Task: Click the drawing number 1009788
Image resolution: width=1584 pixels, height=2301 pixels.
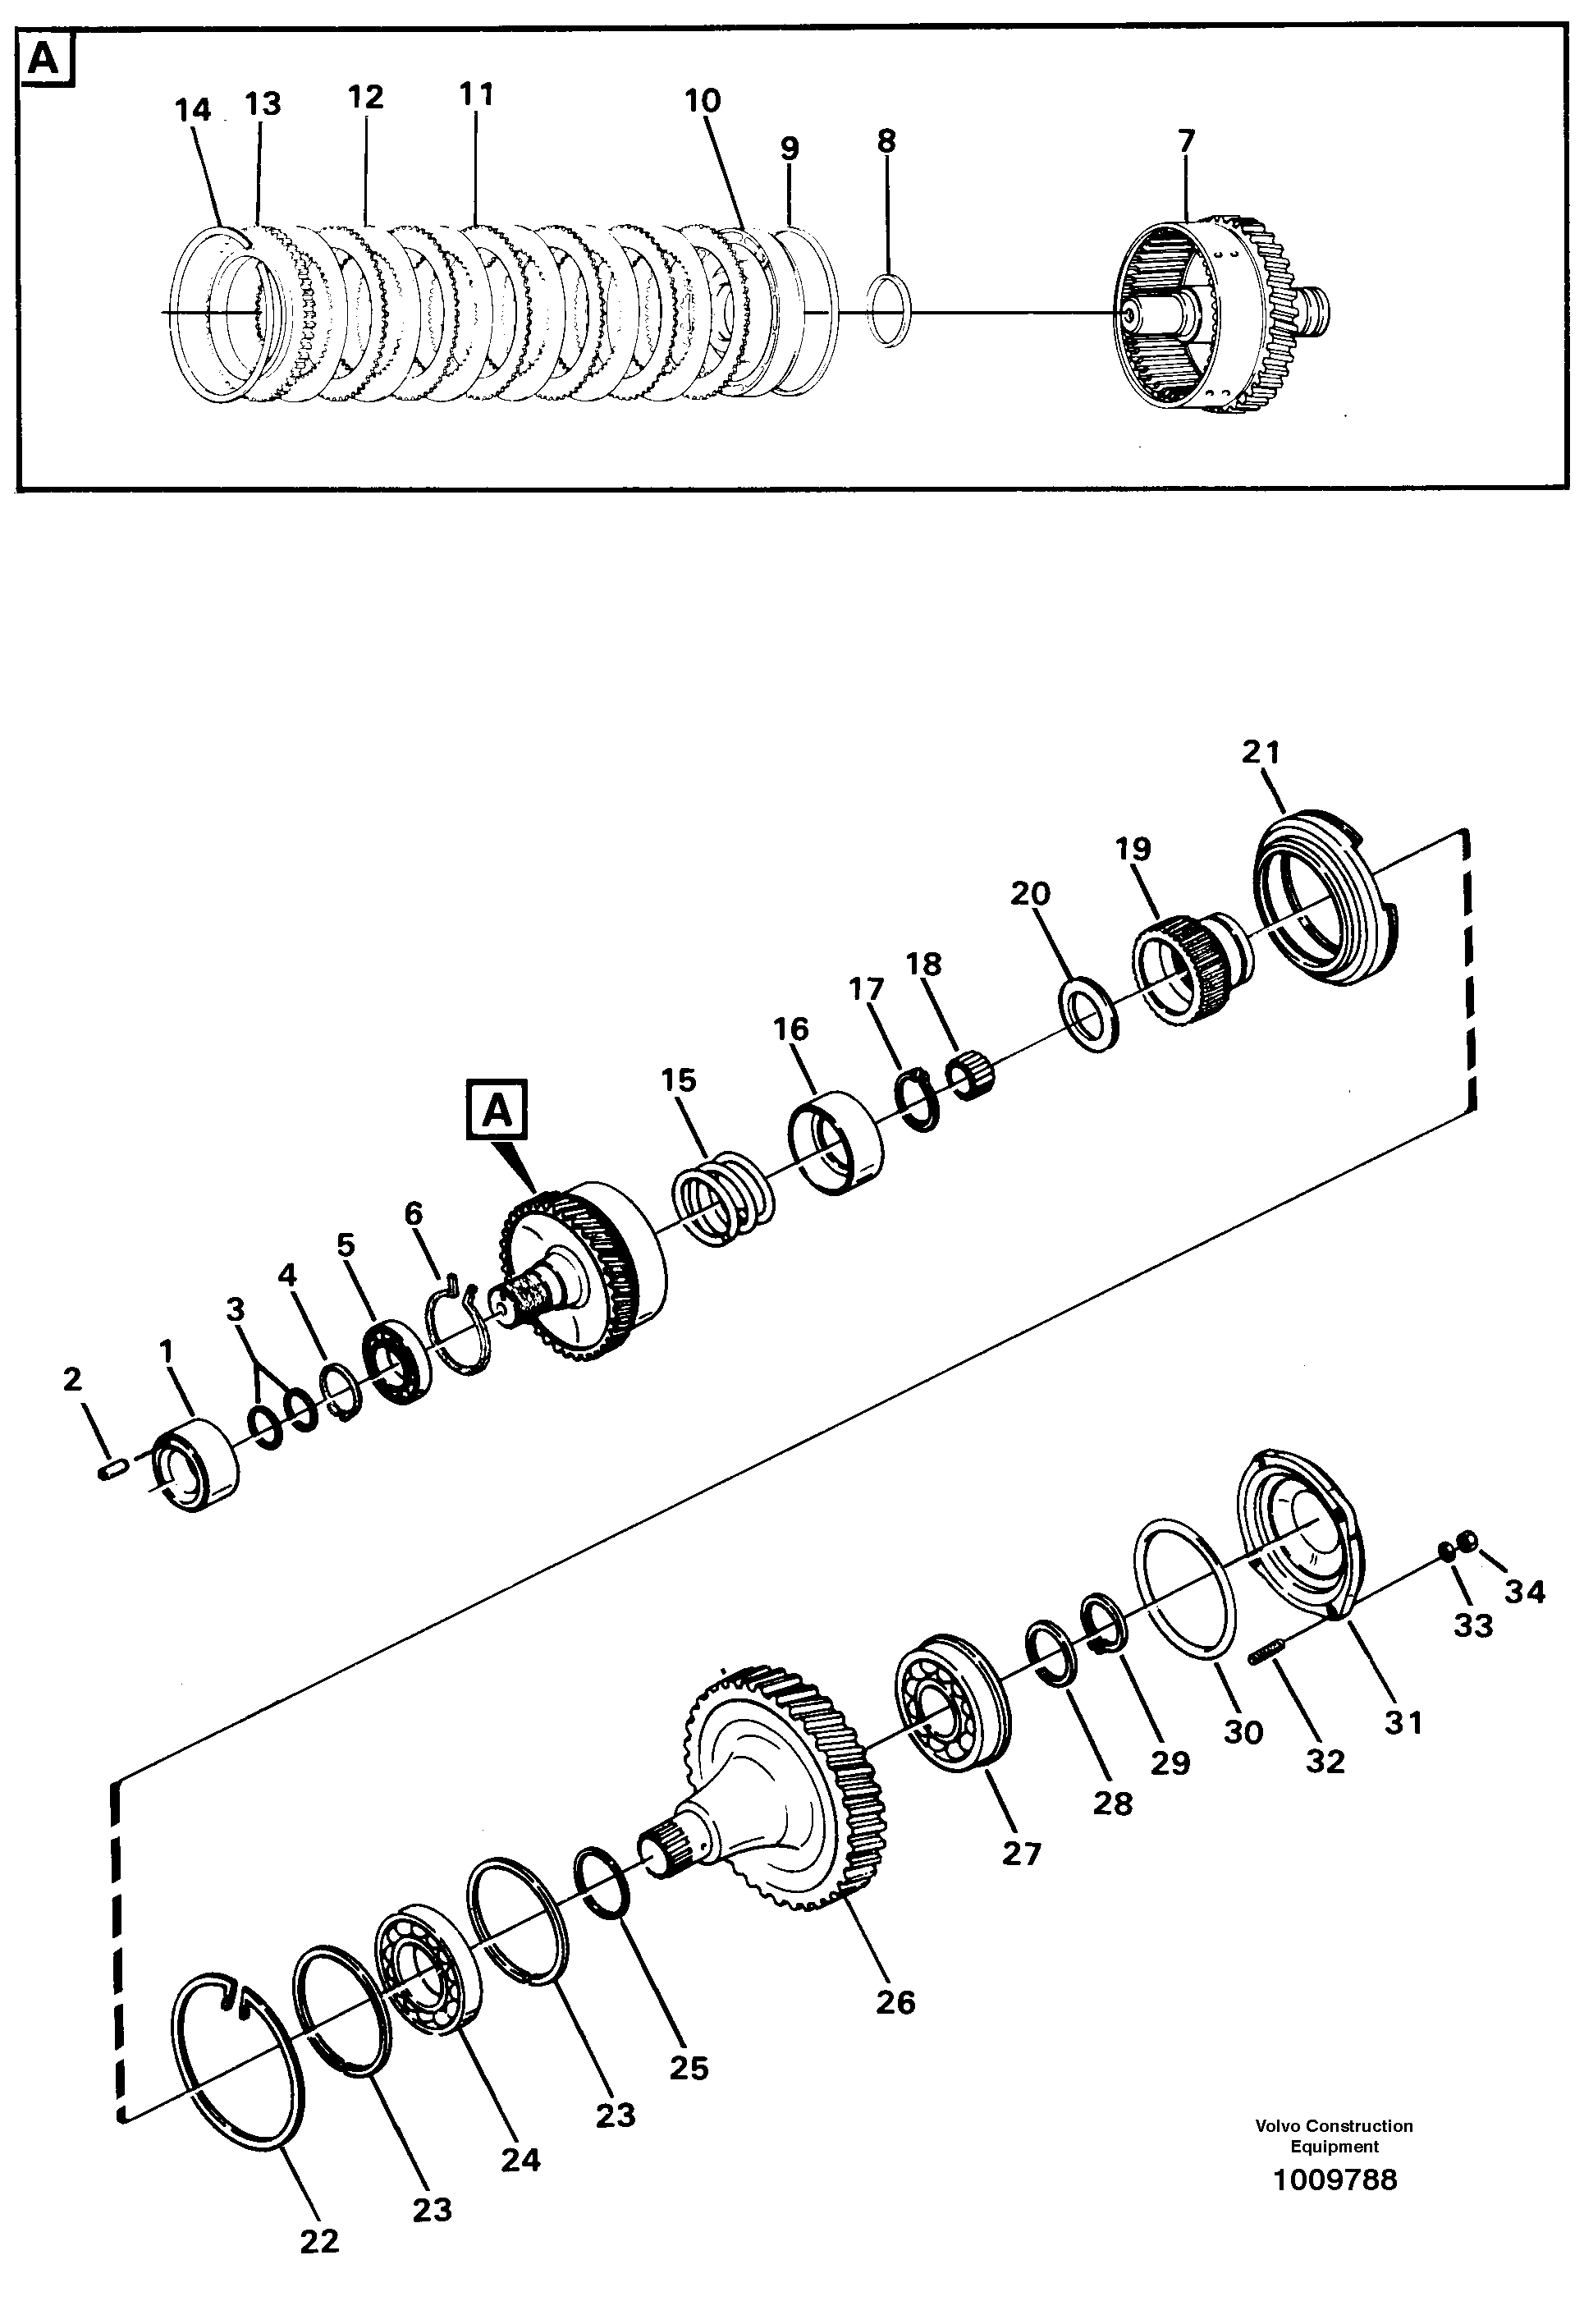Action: [1334, 2179]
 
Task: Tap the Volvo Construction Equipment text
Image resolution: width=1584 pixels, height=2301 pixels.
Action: [1334, 2135]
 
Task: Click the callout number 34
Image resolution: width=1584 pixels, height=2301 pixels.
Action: [1524, 1591]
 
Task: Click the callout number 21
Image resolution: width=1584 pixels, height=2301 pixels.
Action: [1261, 753]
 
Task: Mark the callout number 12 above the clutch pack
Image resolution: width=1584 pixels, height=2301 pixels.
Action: [365, 98]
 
